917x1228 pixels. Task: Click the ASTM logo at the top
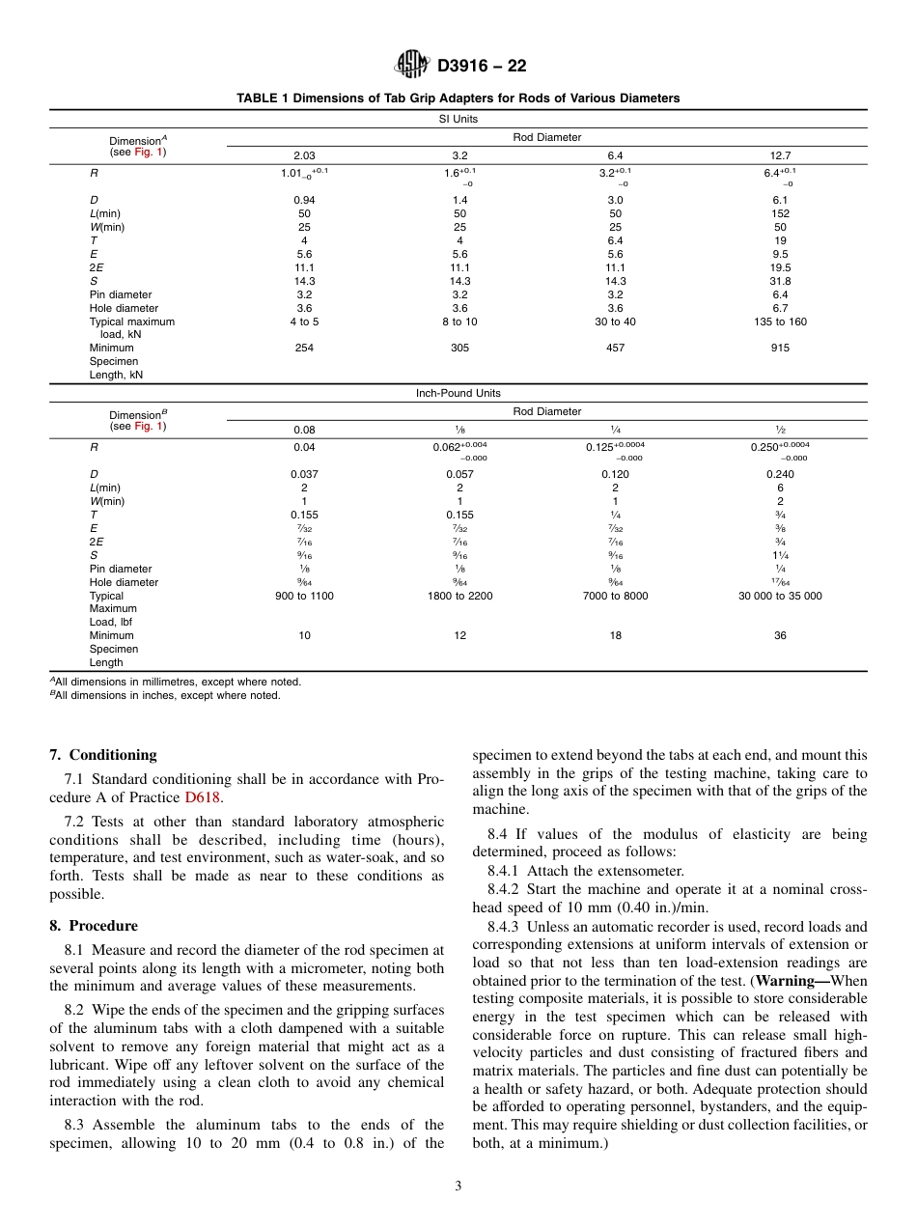(x=411, y=66)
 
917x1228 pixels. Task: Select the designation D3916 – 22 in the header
(x=482, y=67)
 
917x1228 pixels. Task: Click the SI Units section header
(x=458, y=119)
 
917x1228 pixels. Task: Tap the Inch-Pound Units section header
(x=458, y=393)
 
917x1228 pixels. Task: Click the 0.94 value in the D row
(x=304, y=200)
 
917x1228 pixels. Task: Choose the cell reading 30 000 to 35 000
(x=780, y=596)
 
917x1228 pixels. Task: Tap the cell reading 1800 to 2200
(x=459, y=596)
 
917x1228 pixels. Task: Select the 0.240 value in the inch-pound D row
(x=780, y=474)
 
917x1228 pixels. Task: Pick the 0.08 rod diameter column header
(x=304, y=430)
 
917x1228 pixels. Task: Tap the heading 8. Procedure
(x=94, y=925)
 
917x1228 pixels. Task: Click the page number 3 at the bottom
(x=458, y=1186)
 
